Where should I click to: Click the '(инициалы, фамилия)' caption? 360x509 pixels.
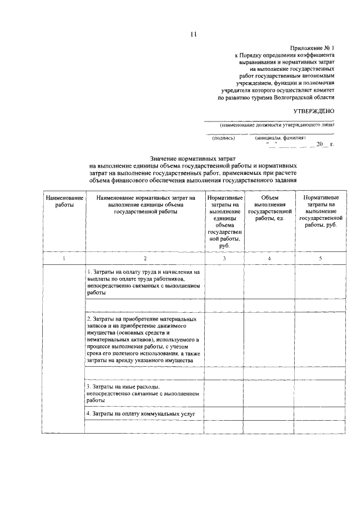280,138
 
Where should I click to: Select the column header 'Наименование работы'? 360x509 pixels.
65,202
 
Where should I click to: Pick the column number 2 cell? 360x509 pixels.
145,258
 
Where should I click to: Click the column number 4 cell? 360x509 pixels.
269,258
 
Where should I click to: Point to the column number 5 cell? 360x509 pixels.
320,258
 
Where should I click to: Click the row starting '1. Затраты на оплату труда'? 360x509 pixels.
145,282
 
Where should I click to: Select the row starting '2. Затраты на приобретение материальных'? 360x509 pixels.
145,340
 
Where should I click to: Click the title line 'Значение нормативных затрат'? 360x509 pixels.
192,160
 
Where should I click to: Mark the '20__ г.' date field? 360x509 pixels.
325,145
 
